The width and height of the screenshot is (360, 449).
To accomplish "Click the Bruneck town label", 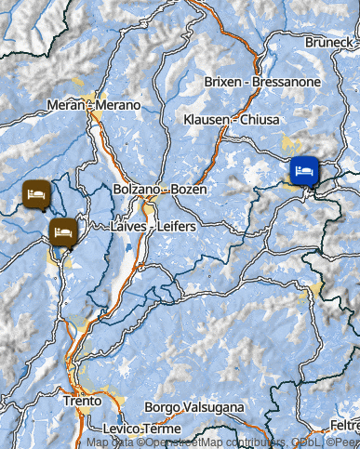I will click(330, 43).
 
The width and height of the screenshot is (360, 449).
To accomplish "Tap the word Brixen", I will click(221, 82).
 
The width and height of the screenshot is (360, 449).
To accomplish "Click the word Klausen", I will click(206, 121).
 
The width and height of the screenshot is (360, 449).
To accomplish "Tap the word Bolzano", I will click(137, 189).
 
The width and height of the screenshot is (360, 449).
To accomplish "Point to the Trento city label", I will click(82, 403).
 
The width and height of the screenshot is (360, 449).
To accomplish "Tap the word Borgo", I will click(164, 407).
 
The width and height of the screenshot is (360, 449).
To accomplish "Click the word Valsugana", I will click(215, 407).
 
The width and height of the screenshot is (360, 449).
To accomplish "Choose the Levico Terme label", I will click(142, 429).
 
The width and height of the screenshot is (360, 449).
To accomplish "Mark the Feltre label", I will click(340, 425).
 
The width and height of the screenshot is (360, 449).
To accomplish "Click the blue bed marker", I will click(304, 170).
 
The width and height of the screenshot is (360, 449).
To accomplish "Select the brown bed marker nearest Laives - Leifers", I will click(62, 231).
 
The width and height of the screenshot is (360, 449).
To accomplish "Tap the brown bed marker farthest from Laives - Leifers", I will click(36, 193).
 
